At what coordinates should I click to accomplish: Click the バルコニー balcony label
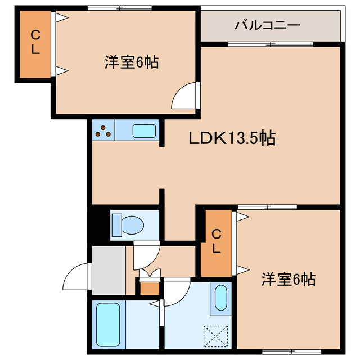pyautogui.click(x=267, y=25)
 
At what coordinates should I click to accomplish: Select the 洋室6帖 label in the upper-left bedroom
pyautogui.click(x=130, y=62)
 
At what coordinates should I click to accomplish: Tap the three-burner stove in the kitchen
pyautogui.click(x=103, y=132)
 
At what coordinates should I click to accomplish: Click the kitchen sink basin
pyautogui.click(x=145, y=132)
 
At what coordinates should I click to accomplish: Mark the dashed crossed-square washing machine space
pyautogui.click(x=216, y=336)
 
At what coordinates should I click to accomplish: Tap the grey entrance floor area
pyautogui.click(x=109, y=270)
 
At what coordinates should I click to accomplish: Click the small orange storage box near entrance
pyautogui.click(x=149, y=288)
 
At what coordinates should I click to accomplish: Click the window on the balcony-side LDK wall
pyautogui.click(x=270, y=44)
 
